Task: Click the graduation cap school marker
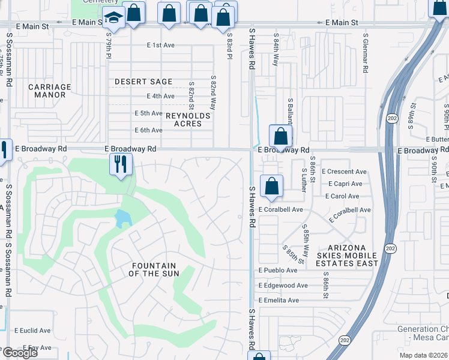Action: click(x=112, y=19)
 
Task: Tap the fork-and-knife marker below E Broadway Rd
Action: click(x=121, y=163)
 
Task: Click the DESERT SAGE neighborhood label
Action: click(x=143, y=82)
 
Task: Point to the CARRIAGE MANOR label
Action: click(x=50, y=91)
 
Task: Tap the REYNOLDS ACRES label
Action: click(x=188, y=119)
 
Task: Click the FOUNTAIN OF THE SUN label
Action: click(x=153, y=269)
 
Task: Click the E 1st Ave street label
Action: click(x=161, y=46)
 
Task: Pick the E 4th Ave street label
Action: click(x=161, y=96)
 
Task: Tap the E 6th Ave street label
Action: click(x=148, y=130)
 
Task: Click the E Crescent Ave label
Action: click(x=345, y=172)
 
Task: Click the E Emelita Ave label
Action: click(x=279, y=301)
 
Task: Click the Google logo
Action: click(x=20, y=353)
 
